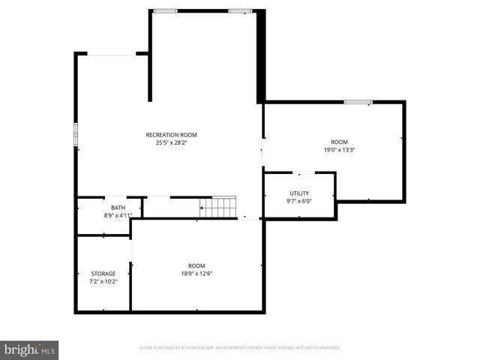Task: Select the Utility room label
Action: click(298, 193)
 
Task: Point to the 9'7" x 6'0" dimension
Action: click(298, 201)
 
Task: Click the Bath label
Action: click(118, 208)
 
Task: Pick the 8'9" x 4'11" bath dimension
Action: click(118, 215)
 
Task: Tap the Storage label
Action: click(103, 274)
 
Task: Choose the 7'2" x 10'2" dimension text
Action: click(103, 281)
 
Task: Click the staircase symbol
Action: click(217, 205)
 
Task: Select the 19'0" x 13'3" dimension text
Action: click(340, 150)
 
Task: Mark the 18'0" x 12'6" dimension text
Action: click(196, 274)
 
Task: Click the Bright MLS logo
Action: click(30, 349)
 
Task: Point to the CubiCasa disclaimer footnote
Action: click(240, 348)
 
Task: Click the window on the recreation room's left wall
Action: click(76, 133)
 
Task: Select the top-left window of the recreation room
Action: click(166, 11)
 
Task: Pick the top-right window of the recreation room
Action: click(240, 11)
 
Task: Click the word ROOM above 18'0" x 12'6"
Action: click(196, 266)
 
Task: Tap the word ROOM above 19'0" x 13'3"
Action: click(340, 142)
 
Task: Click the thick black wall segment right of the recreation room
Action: click(260, 56)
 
